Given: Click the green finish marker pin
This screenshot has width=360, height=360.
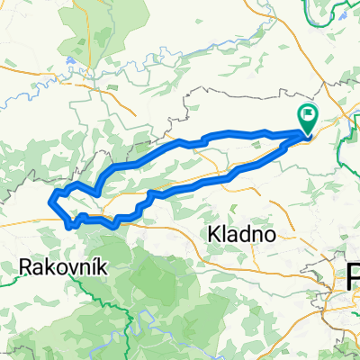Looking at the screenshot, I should click(x=308, y=117).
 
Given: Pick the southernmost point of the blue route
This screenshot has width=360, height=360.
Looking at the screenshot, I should click(x=70, y=227).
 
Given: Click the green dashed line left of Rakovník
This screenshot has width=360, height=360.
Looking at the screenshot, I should click(x=7, y=280).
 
